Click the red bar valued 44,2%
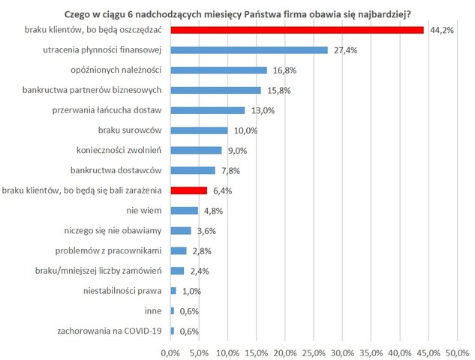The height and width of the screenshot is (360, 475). [x=297, y=30]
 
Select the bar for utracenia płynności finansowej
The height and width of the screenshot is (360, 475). [x=249, y=50]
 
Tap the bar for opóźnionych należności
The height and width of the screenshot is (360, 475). [x=218, y=70]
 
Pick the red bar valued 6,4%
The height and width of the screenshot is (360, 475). [x=189, y=190]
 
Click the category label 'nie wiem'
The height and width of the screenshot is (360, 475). [x=146, y=211]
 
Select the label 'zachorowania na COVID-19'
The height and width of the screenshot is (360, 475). [x=110, y=331]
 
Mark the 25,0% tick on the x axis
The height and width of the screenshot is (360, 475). [x=314, y=352]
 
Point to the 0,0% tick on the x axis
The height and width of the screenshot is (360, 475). [x=171, y=352]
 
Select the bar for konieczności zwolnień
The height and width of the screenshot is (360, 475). [x=197, y=151]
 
